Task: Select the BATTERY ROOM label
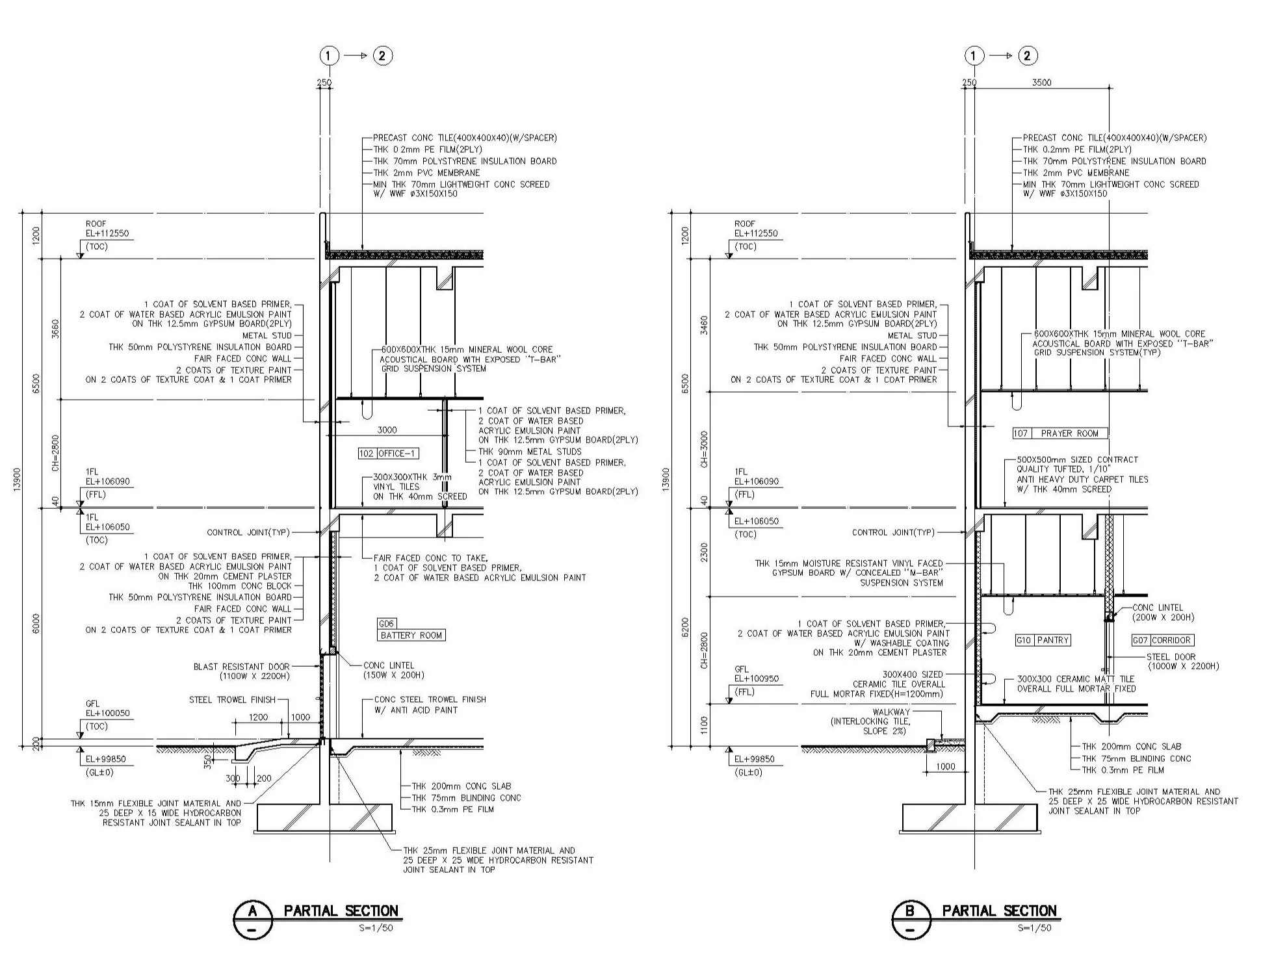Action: (411, 635)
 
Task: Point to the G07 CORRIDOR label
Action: (1162, 640)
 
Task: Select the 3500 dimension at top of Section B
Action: (1041, 83)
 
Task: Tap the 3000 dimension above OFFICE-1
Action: (387, 430)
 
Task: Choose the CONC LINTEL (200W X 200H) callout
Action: (1163, 612)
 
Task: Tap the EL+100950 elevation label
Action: (756, 679)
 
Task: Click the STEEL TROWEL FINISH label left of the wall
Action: (232, 700)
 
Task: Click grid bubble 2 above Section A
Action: (382, 56)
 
